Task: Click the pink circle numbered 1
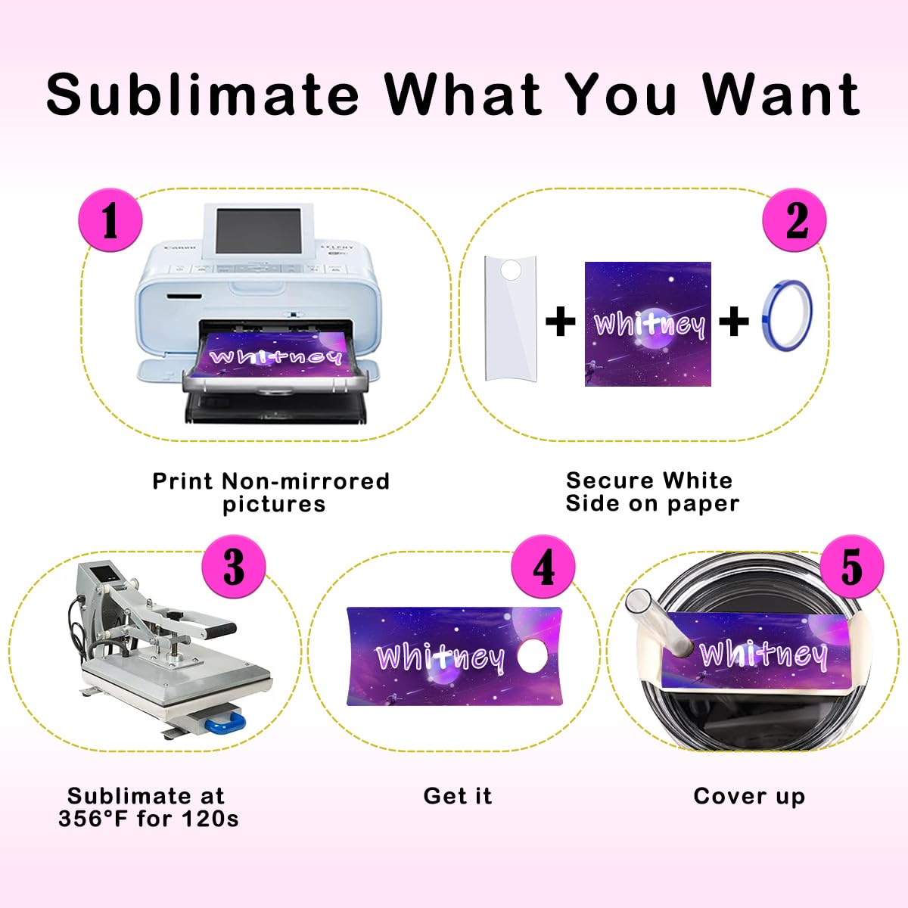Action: click(110, 220)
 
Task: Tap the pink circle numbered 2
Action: click(794, 220)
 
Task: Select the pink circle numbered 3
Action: click(234, 566)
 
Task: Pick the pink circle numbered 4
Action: click(543, 566)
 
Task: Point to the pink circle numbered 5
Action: click(851, 566)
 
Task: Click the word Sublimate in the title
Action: click(203, 94)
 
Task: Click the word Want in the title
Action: click(781, 94)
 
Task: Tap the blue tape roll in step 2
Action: click(787, 321)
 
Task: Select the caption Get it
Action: click(457, 796)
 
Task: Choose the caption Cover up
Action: click(748, 796)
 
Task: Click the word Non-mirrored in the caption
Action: click(305, 481)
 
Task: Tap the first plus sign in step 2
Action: click(561, 322)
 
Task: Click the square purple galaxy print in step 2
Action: click(648, 324)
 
